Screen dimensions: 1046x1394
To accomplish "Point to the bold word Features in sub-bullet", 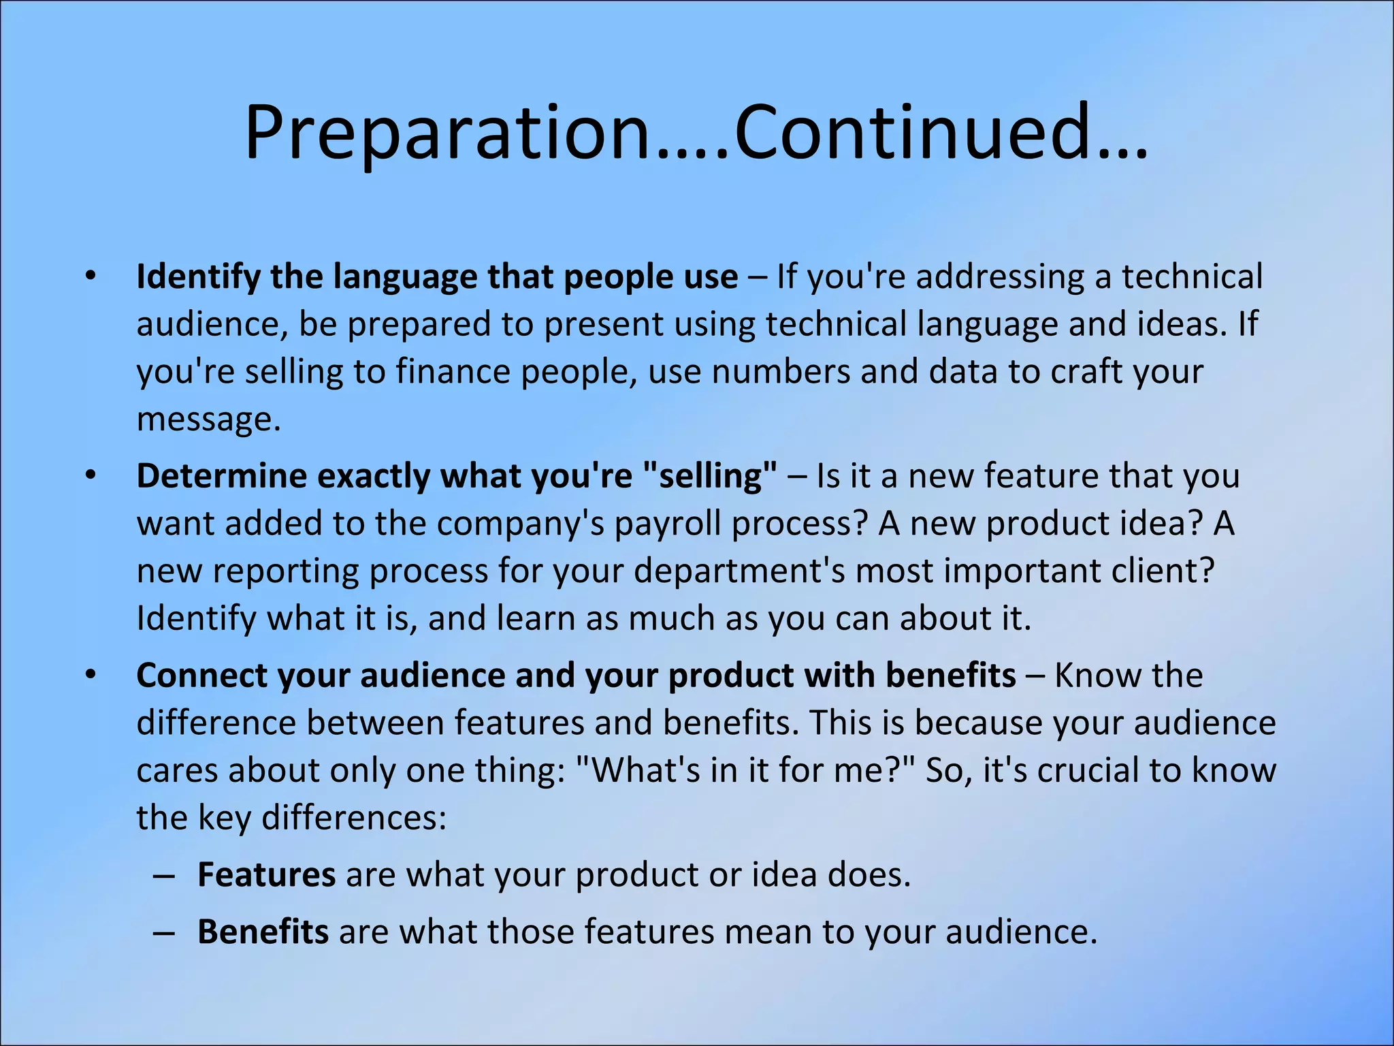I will pyautogui.click(x=266, y=874).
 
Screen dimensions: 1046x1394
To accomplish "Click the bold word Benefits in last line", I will pyautogui.click(x=263, y=932).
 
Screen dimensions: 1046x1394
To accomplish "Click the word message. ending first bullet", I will pyautogui.click(x=208, y=419).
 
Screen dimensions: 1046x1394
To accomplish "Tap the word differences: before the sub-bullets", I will pyautogui.click(x=354, y=818).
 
